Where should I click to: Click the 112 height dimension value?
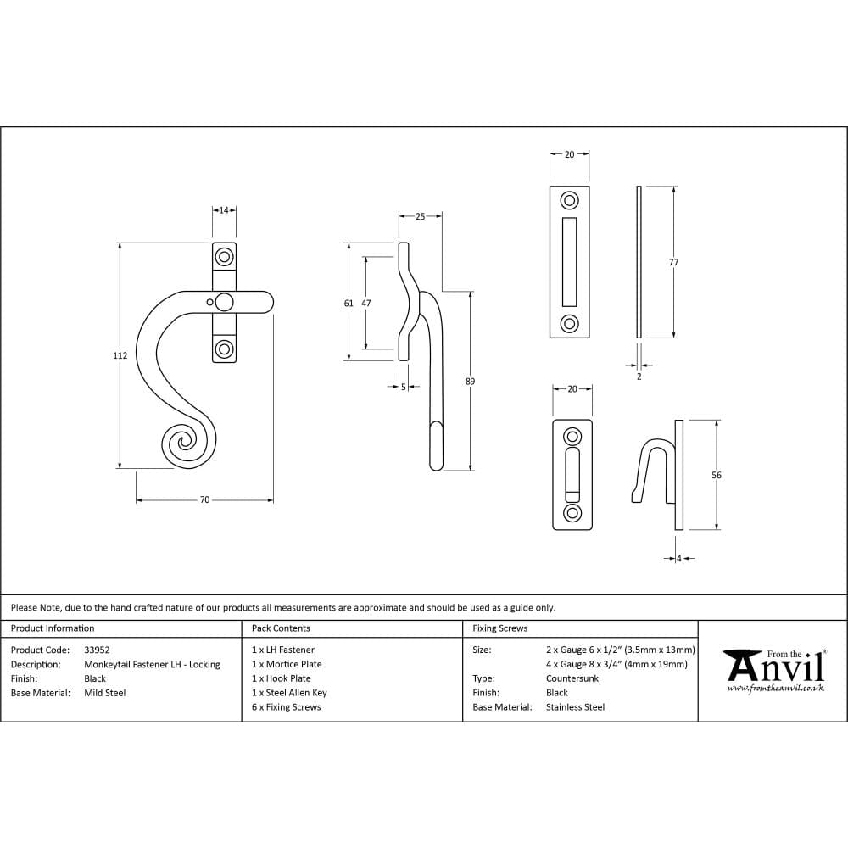pos(120,356)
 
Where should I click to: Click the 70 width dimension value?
pos(204,500)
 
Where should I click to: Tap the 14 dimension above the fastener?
pos(224,210)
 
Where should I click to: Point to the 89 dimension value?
pos(471,382)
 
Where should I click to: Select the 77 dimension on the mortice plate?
pos(673,263)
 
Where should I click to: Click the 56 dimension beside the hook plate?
pos(717,476)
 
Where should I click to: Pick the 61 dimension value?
pos(349,303)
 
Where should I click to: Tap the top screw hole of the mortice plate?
pos(569,201)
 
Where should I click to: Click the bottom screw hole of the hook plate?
pos(572,513)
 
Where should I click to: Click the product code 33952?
pos(98,650)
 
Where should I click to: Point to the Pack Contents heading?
pos(281,628)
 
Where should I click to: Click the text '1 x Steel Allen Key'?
pos(289,693)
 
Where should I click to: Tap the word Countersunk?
pos(572,678)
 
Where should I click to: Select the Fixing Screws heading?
pos(499,628)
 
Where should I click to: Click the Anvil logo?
pos(773,667)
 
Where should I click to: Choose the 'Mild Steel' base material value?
pos(105,693)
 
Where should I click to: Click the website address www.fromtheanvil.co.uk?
pos(775,689)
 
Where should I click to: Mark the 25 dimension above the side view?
pos(420,217)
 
